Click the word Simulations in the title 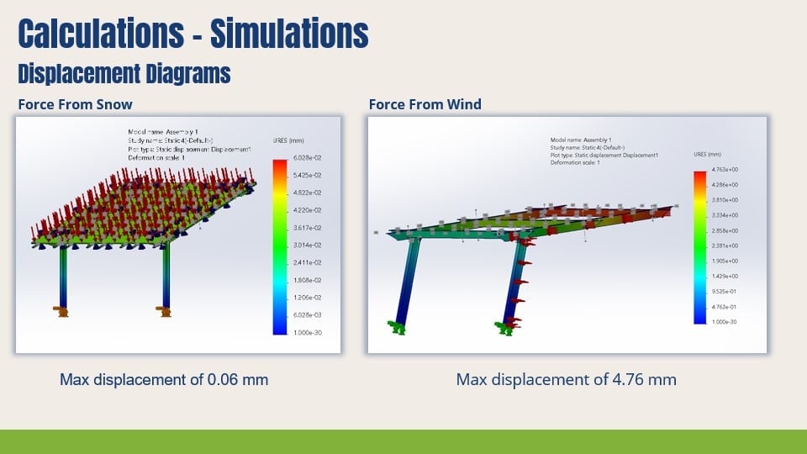point(289,34)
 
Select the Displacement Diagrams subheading point(124,74)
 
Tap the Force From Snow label point(75,104)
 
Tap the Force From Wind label point(425,104)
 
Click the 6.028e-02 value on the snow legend point(306,158)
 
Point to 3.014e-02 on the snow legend point(306,245)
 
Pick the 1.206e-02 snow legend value point(306,298)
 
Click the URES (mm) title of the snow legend point(288,140)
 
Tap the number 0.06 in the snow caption point(222,379)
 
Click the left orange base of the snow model point(61,311)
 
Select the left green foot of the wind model point(395,327)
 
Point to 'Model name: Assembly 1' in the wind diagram point(581,140)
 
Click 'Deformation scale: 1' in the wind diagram point(575,162)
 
